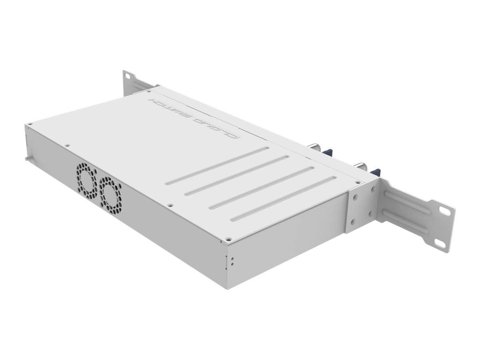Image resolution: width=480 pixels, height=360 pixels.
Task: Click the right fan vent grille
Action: pyautogui.click(x=110, y=191)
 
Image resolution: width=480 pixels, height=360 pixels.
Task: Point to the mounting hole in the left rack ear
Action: pyautogui.click(x=127, y=75)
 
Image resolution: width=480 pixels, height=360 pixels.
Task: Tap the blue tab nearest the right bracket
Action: pyautogui.click(x=375, y=172)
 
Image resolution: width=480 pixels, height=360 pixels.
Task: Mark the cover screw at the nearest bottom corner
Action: pyautogui.click(x=228, y=239)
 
